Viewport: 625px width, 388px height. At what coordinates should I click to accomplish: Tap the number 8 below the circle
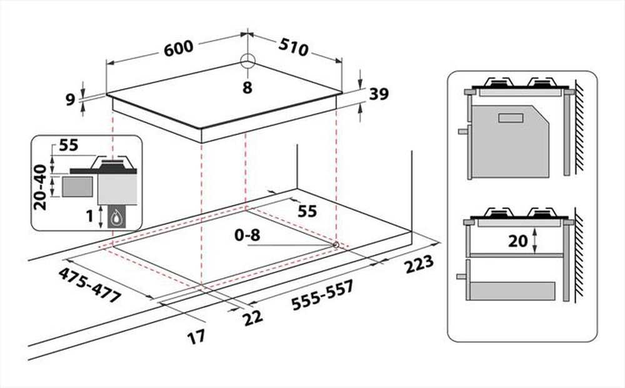[247, 88]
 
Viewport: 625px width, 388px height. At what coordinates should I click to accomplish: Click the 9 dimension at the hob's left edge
[71, 98]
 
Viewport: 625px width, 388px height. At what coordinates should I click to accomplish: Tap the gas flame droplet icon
[117, 217]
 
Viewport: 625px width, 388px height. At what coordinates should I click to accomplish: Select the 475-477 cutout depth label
[89, 286]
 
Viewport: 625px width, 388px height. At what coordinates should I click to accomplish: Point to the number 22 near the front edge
[252, 317]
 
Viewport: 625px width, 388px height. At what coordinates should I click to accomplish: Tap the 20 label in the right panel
[518, 241]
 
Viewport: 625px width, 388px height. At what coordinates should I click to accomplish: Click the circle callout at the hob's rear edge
[247, 61]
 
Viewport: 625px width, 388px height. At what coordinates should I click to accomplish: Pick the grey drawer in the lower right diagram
[512, 290]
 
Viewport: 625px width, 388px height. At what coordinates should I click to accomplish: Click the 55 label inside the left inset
[70, 146]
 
